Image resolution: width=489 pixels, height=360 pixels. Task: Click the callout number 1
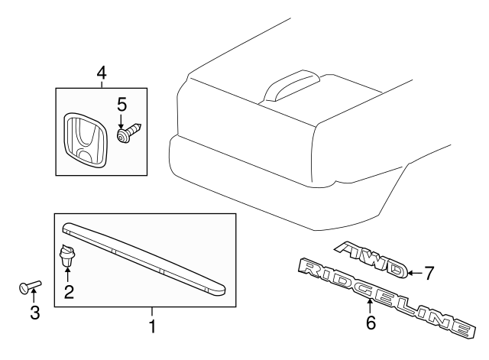pos(152,326)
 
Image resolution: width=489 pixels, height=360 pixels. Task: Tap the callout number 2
pos(69,292)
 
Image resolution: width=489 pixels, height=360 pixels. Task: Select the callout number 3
pos(35,313)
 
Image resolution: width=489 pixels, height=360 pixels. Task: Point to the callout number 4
pos(102,73)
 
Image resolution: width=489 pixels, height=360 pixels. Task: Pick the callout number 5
pos(122,105)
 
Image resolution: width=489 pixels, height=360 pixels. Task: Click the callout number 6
pos(371,323)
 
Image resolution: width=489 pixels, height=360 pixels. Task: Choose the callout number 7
pos(429,274)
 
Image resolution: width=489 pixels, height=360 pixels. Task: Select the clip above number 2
pos(67,256)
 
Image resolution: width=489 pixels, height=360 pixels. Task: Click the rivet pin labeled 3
pos(30,286)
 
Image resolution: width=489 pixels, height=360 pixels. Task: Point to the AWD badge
pos(371,258)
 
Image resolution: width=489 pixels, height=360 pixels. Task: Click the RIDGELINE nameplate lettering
pos(387,298)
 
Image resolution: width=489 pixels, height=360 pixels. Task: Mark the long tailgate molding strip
pos(144,258)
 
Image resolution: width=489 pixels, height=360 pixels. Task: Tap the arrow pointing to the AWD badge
pos(415,274)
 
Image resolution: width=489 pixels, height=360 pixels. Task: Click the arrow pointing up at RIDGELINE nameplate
pos(370,306)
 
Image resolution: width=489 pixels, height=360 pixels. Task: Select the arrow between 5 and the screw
pos(121,121)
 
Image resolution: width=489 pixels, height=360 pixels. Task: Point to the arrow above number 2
pos(67,274)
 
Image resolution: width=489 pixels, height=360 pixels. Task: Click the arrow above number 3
pos(34,296)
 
